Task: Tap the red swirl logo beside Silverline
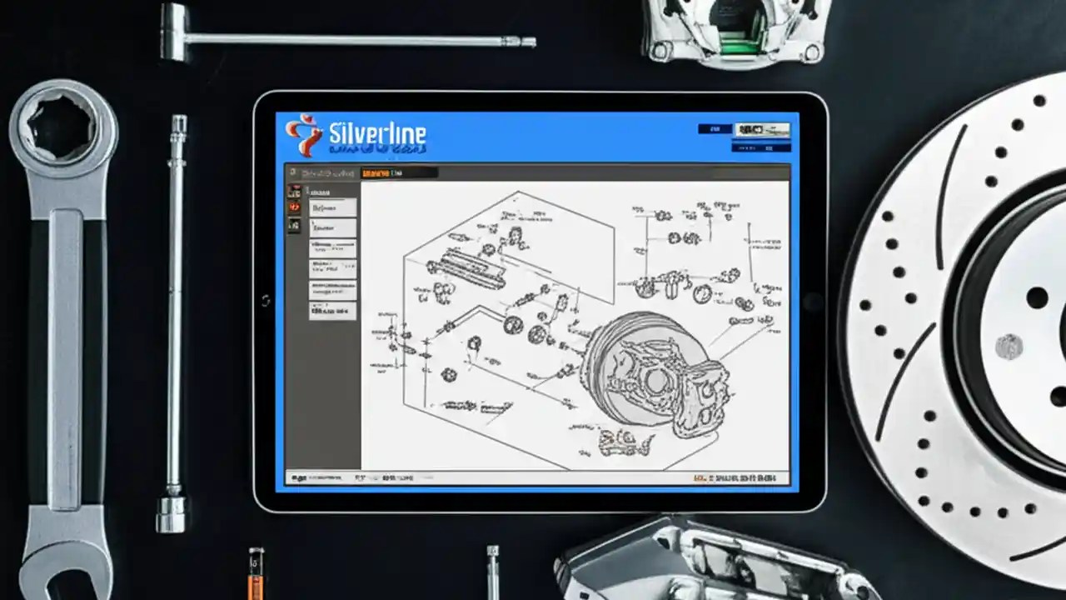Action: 301,135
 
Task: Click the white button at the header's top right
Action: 761,130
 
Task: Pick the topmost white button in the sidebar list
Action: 332,207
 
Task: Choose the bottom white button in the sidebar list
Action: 332,311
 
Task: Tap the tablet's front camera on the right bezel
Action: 812,301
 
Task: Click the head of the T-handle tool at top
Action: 173,32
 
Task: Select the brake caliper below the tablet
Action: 708,558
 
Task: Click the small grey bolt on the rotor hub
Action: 1009,346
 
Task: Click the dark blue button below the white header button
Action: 760,147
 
